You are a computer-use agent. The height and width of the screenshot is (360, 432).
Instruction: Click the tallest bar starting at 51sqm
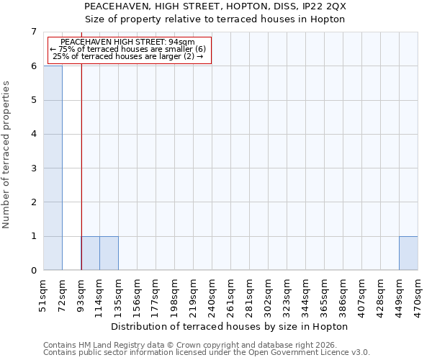pos(53,168)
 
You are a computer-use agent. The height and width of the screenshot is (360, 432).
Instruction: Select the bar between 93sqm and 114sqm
pos(90,253)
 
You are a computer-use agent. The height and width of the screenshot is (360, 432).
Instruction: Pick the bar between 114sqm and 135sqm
pos(109,253)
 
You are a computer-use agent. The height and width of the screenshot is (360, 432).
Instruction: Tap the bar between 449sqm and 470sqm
pos(408,253)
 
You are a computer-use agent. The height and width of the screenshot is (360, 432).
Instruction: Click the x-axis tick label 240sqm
pos(212,296)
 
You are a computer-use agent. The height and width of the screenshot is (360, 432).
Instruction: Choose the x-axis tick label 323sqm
pos(287,296)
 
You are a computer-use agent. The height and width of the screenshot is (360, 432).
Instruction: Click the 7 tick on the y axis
pos(33,32)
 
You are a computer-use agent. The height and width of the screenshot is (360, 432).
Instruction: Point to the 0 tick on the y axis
pos(33,271)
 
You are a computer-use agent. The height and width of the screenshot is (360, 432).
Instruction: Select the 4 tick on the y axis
pos(33,134)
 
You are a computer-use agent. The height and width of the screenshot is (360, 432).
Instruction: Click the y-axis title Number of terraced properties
pos(6,154)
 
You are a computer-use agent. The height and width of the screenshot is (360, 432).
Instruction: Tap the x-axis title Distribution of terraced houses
pos(230,326)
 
